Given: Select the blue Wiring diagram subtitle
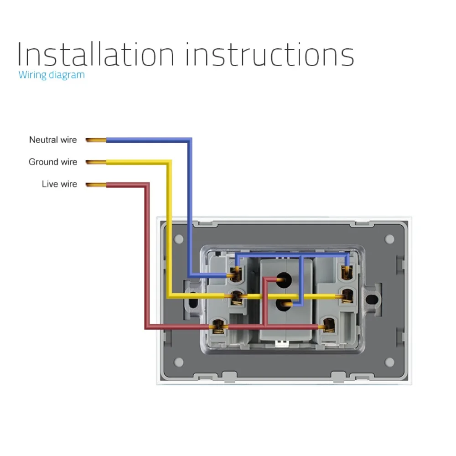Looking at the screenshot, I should pyautogui.click(x=52, y=75).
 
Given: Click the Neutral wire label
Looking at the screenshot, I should pyautogui.click(x=53, y=140).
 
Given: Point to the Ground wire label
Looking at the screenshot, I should pyautogui.click(x=53, y=162).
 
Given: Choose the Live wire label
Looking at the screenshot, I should pyautogui.click(x=59, y=184).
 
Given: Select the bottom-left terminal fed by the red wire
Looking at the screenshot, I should pyautogui.click(x=218, y=326).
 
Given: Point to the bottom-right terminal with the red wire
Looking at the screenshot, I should pyautogui.click(x=328, y=324).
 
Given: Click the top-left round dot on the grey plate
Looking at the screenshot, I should pyautogui.click(x=179, y=238).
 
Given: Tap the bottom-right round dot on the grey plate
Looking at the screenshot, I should pyautogui.click(x=389, y=363).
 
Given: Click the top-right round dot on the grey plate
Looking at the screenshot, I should pyautogui.click(x=389, y=238).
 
